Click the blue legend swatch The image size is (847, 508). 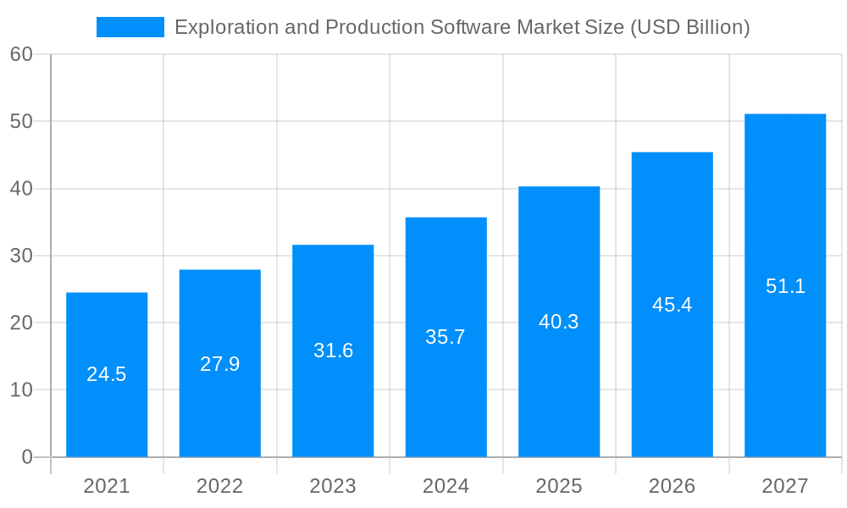tap(130, 27)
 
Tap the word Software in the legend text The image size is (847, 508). tap(469, 27)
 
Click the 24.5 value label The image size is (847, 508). tap(107, 374)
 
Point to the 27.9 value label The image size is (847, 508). tap(220, 364)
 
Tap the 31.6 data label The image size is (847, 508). tap(333, 351)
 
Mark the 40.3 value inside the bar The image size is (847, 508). tap(559, 322)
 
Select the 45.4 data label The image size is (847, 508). tap(673, 305)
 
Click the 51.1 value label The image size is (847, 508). tap(785, 286)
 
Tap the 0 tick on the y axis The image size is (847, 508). tap(27, 457)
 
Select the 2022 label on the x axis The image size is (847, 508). tap(220, 486)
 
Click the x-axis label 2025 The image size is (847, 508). tap(559, 486)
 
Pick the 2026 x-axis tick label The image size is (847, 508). tap(673, 486)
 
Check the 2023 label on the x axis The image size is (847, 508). tap(333, 486)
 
